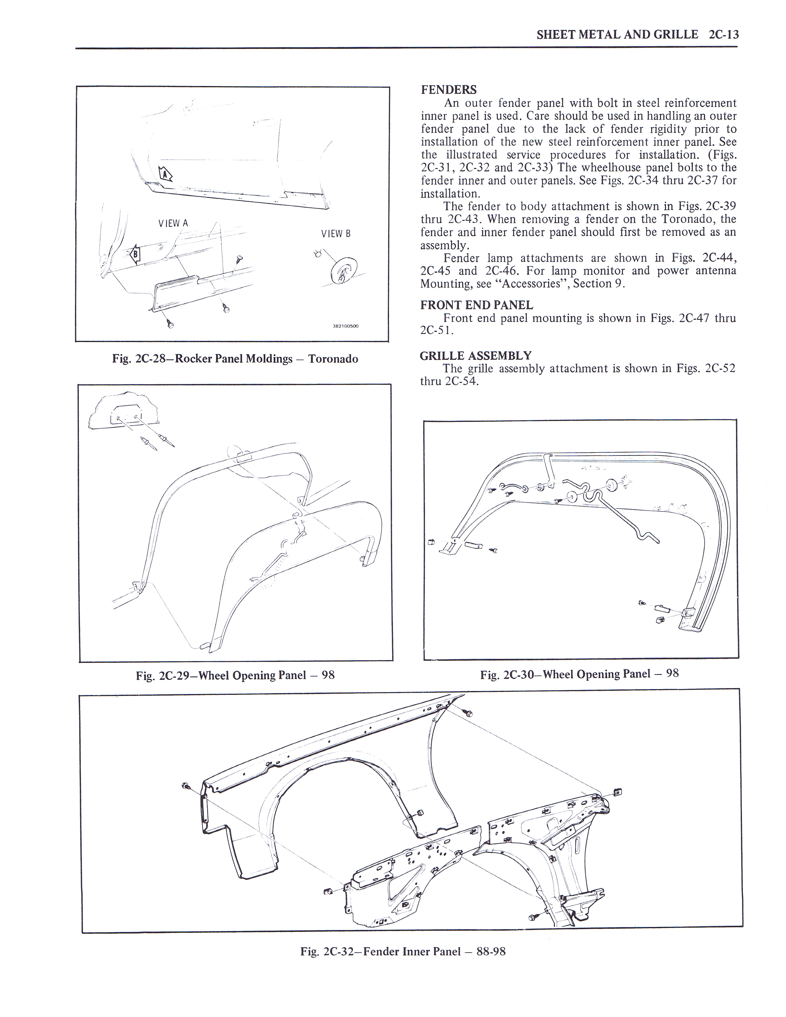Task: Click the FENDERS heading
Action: pyautogui.click(x=448, y=90)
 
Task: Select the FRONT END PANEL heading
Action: pyautogui.click(x=476, y=305)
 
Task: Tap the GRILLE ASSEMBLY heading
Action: pyautogui.click(x=475, y=356)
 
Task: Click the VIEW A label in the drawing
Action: pyautogui.click(x=173, y=223)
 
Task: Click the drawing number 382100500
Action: pyautogui.click(x=346, y=326)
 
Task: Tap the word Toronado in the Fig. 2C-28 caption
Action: pyautogui.click(x=334, y=359)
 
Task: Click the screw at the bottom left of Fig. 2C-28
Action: pyautogui.click(x=170, y=325)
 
